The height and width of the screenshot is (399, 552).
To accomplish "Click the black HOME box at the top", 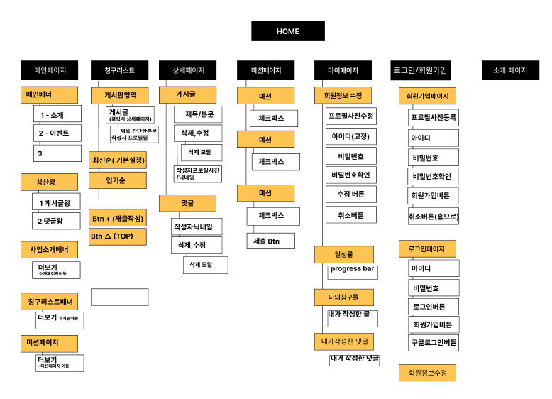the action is tap(287, 31).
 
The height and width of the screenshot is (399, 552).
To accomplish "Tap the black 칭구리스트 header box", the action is tap(118, 70).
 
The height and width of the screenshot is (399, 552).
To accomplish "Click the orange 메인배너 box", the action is tap(48, 94).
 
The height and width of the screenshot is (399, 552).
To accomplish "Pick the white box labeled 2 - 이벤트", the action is tap(57, 133).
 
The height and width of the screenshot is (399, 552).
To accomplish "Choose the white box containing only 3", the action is tap(57, 153).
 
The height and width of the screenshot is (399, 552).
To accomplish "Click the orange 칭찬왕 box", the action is tap(48, 182).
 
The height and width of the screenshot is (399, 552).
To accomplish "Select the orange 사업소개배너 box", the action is tap(48, 250).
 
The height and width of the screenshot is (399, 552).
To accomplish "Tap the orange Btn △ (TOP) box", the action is tap(117, 236).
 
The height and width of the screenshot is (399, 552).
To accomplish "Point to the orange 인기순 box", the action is tap(117, 180).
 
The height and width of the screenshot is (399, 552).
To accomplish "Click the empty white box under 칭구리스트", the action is tap(119, 297).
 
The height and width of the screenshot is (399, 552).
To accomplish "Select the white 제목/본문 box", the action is tap(198, 114).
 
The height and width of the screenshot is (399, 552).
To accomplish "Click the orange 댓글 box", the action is tap(187, 203).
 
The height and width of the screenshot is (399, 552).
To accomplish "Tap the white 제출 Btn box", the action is tap(266, 241).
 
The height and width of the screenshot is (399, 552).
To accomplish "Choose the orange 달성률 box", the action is tap(343, 253).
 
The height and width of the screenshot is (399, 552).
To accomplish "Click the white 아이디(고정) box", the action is tap(351, 136).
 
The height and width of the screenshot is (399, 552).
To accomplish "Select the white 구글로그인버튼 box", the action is tap(434, 343).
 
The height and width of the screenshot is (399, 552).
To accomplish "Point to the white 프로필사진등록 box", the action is tap(434, 116).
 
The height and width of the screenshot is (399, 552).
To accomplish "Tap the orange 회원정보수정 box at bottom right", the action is tap(427, 373).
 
